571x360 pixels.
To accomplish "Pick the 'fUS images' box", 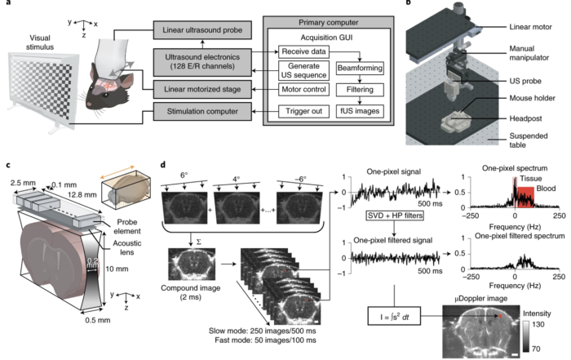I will click(x=325, y=110).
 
